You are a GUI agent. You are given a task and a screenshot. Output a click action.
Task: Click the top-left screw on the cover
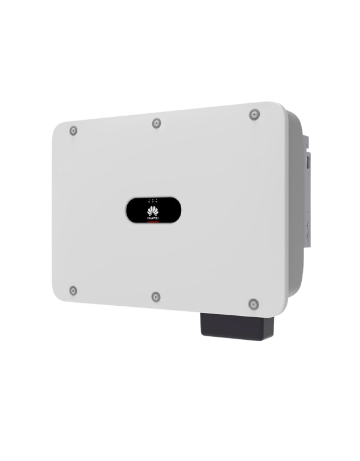coord(73,131)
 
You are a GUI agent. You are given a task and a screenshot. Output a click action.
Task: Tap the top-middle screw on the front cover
coord(157,123)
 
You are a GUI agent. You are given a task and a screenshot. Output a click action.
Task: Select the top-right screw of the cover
coord(254,114)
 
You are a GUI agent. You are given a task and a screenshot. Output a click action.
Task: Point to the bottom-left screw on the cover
coord(73,291)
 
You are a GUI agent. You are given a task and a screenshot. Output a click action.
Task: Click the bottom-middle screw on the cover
coord(156,296)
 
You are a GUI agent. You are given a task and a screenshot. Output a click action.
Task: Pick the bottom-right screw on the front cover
coord(253,303)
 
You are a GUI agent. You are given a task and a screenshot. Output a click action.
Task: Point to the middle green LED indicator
coord(152,199)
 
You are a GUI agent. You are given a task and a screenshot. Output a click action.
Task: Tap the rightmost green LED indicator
coord(157,199)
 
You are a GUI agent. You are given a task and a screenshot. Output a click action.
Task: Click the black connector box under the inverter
coord(238,327)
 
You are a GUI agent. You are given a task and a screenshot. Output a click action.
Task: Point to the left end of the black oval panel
coord(129,210)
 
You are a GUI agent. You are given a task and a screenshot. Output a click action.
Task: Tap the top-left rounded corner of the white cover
coord(58,126)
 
